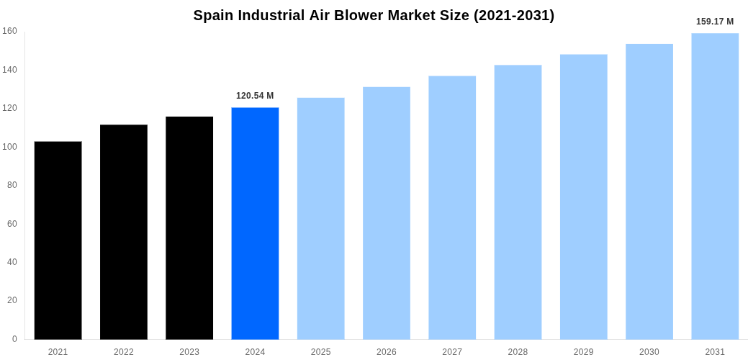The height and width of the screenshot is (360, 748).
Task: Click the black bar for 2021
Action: [58, 240]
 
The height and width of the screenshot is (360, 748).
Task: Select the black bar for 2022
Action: [124, 232]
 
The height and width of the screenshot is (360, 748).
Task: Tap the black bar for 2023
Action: [189, 228]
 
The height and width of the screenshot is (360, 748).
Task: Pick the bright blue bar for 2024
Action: [255, 223]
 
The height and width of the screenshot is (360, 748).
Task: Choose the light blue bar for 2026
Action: [387, 213]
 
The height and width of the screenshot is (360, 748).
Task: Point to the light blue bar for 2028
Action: [518, 202]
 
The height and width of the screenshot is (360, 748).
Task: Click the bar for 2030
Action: [649, 192]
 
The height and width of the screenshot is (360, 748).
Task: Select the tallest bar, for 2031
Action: [715, 186]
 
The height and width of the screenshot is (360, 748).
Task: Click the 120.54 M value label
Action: [255, 96]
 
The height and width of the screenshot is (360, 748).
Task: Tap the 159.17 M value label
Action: [715, 22]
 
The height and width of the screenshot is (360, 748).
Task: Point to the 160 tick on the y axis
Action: [9, 31]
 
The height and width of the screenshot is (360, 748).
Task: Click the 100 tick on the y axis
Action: [9, 147]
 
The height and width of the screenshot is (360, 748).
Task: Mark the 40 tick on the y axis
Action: [12, 262]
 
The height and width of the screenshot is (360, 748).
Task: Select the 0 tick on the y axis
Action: [14, 339]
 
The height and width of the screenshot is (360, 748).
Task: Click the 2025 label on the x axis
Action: [321, 352]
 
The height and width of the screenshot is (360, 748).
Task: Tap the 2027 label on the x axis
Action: [452, 352]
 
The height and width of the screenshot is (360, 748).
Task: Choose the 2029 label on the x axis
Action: [584, 352]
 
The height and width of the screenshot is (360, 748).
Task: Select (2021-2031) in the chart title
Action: [514, 16]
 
